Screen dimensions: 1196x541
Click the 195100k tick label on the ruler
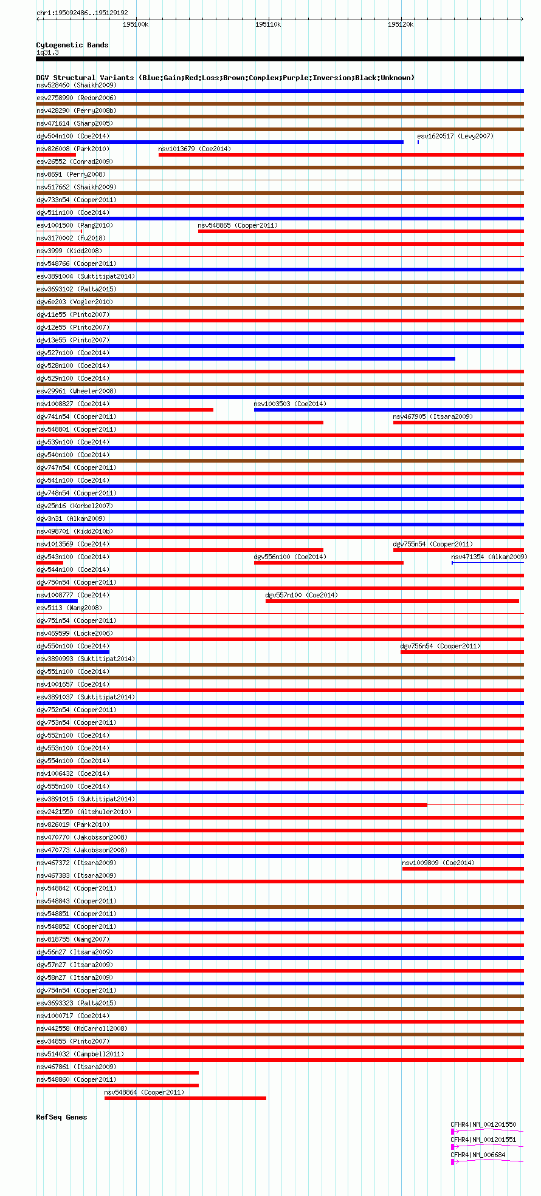(136, 24)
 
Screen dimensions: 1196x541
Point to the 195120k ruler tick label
(401, 24)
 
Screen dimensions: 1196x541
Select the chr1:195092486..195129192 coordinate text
(82, 13)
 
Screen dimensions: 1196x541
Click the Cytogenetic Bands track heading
(72, 45)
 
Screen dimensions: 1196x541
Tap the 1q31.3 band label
(47, 52)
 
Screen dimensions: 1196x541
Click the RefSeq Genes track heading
(61, 1117)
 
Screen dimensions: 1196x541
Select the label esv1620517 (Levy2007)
(455, 136)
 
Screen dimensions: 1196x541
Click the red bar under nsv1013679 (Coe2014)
(340, 155)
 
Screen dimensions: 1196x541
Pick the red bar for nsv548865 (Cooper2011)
(360, 231)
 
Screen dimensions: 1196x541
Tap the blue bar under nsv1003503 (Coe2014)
(388, 410)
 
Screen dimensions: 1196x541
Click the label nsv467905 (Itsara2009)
(432, 416)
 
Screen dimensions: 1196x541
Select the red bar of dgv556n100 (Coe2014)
(328, 563)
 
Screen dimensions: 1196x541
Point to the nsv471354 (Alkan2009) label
(489, 557)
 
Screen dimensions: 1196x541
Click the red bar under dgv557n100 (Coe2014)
(392, 601)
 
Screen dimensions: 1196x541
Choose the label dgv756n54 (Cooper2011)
(440, 646)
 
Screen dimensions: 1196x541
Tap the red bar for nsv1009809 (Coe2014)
(463, 869)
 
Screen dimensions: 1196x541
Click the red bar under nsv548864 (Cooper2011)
(185, 1098)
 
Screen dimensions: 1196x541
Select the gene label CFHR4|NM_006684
(478, 1155)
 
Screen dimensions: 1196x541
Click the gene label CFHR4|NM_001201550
(483, 1124)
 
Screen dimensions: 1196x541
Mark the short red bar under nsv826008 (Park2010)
(56, 155)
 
